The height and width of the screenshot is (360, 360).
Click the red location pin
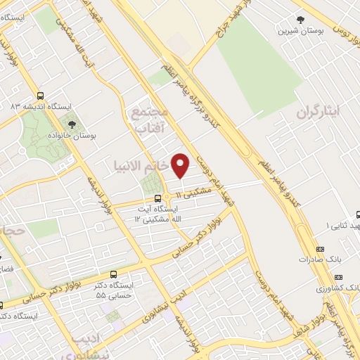[181, 165]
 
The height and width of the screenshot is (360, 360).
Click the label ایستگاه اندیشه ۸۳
[50, 106]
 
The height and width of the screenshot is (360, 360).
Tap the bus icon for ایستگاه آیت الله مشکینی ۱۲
[157, 198]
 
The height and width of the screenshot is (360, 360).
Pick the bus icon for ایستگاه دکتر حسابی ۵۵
[114, 274]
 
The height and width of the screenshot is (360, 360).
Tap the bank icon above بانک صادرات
[321, 249]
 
